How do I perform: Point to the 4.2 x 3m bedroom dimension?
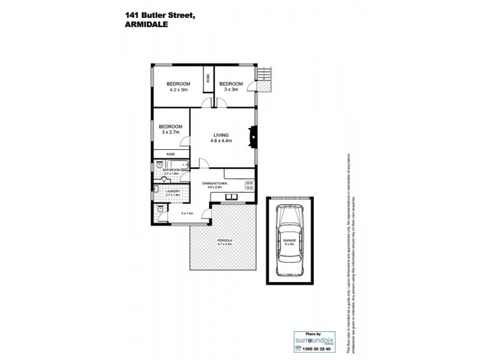click(178, 89)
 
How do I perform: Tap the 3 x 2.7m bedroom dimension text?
click(170, 133)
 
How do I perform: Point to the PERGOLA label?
click(225, 241)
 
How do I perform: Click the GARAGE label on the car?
click(289, 241)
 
